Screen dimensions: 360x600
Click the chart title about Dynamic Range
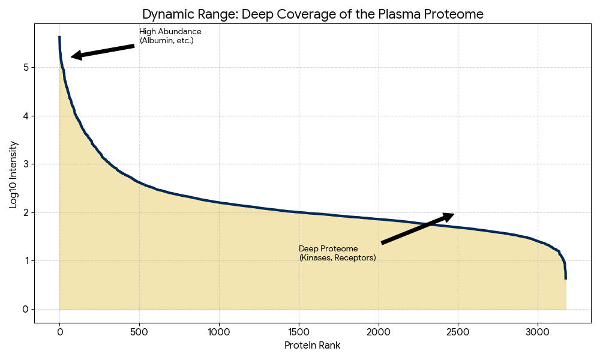pyautogui.click(x=313, y=14)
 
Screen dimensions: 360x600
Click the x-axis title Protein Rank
pyautogui.click(x=312, y=346)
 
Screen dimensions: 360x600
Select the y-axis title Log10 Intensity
pyautogui.click(x=14, y=174)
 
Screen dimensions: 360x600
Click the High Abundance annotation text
pyautogui.click(x=170, y=36)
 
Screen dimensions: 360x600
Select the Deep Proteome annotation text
pyautogui.click(x=337, y=253)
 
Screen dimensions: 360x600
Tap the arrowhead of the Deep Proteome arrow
pyautogui.click(x=449, y=215)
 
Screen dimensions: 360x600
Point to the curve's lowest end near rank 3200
pyautogui.click(x=566, y=277)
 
